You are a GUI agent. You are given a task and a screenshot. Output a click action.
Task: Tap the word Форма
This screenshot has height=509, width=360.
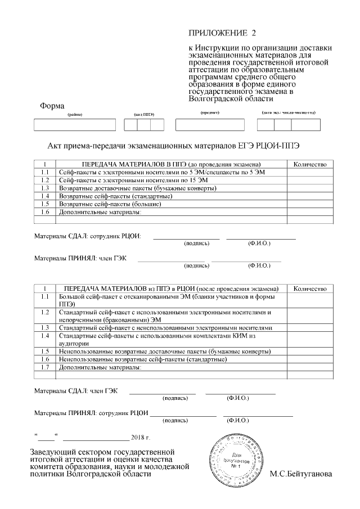point(52,106)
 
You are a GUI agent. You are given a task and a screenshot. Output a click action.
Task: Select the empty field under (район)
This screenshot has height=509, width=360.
point(75,125)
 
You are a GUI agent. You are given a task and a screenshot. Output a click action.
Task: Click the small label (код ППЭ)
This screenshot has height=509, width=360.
point(143,114)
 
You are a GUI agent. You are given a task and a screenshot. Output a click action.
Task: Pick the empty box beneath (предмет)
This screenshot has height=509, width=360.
point(210,125)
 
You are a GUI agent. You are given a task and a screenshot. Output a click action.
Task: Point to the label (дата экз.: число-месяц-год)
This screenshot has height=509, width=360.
point(289,112)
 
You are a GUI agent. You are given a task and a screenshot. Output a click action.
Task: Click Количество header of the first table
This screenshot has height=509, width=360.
point(310,164)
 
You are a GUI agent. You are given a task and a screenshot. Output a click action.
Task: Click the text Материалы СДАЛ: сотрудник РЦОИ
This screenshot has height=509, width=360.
point(87,236)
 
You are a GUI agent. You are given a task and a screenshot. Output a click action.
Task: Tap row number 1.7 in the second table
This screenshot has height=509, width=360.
point(45,367)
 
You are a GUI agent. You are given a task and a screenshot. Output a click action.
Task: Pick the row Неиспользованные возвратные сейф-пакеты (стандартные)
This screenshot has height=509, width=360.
point(135,359)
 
